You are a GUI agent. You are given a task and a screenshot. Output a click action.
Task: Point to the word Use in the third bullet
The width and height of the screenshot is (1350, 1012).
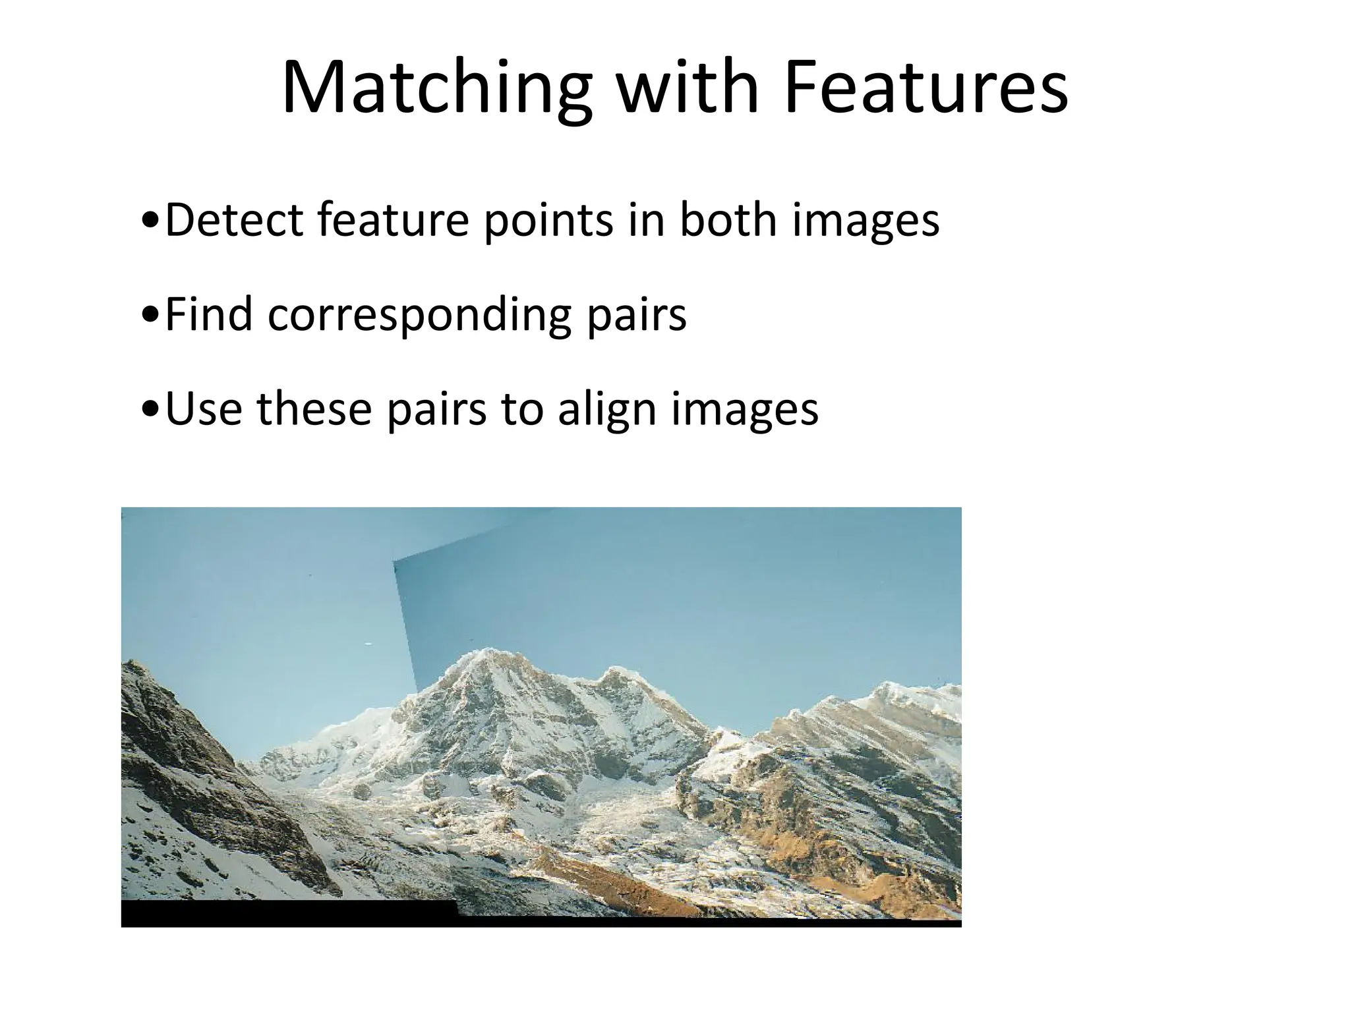(x=204, y=408)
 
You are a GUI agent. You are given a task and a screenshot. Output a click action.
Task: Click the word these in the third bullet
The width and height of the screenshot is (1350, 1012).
(x=314, y=408)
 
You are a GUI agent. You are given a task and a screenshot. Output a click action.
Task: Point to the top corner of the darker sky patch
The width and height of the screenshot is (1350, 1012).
(x=394, y=562)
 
